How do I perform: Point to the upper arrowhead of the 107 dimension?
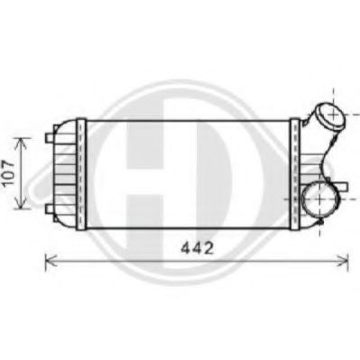coord(21,139)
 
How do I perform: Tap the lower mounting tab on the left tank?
coord(51,209)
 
